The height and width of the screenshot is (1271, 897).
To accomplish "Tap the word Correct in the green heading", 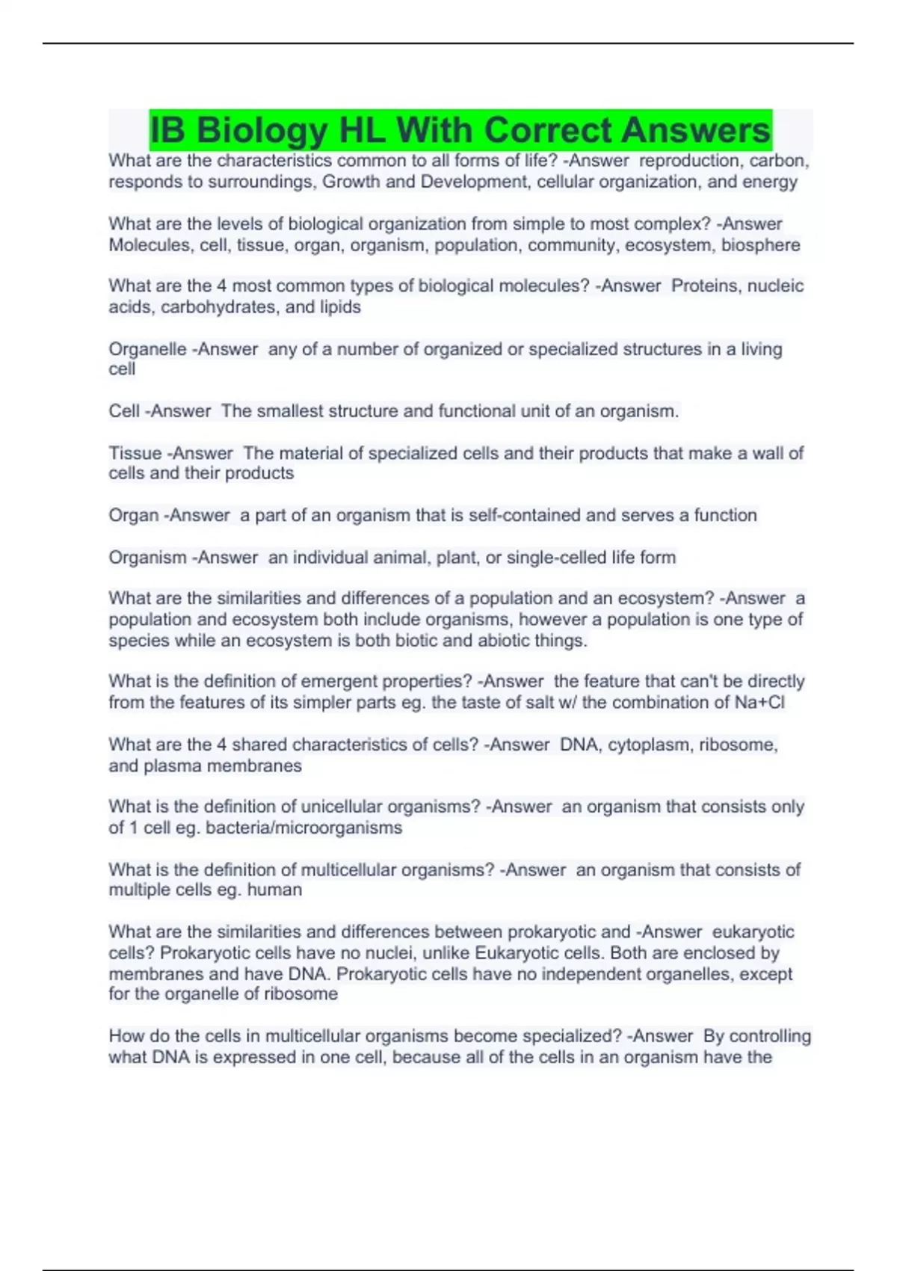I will [552, 131].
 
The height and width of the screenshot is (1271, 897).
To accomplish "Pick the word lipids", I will [340, 307].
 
